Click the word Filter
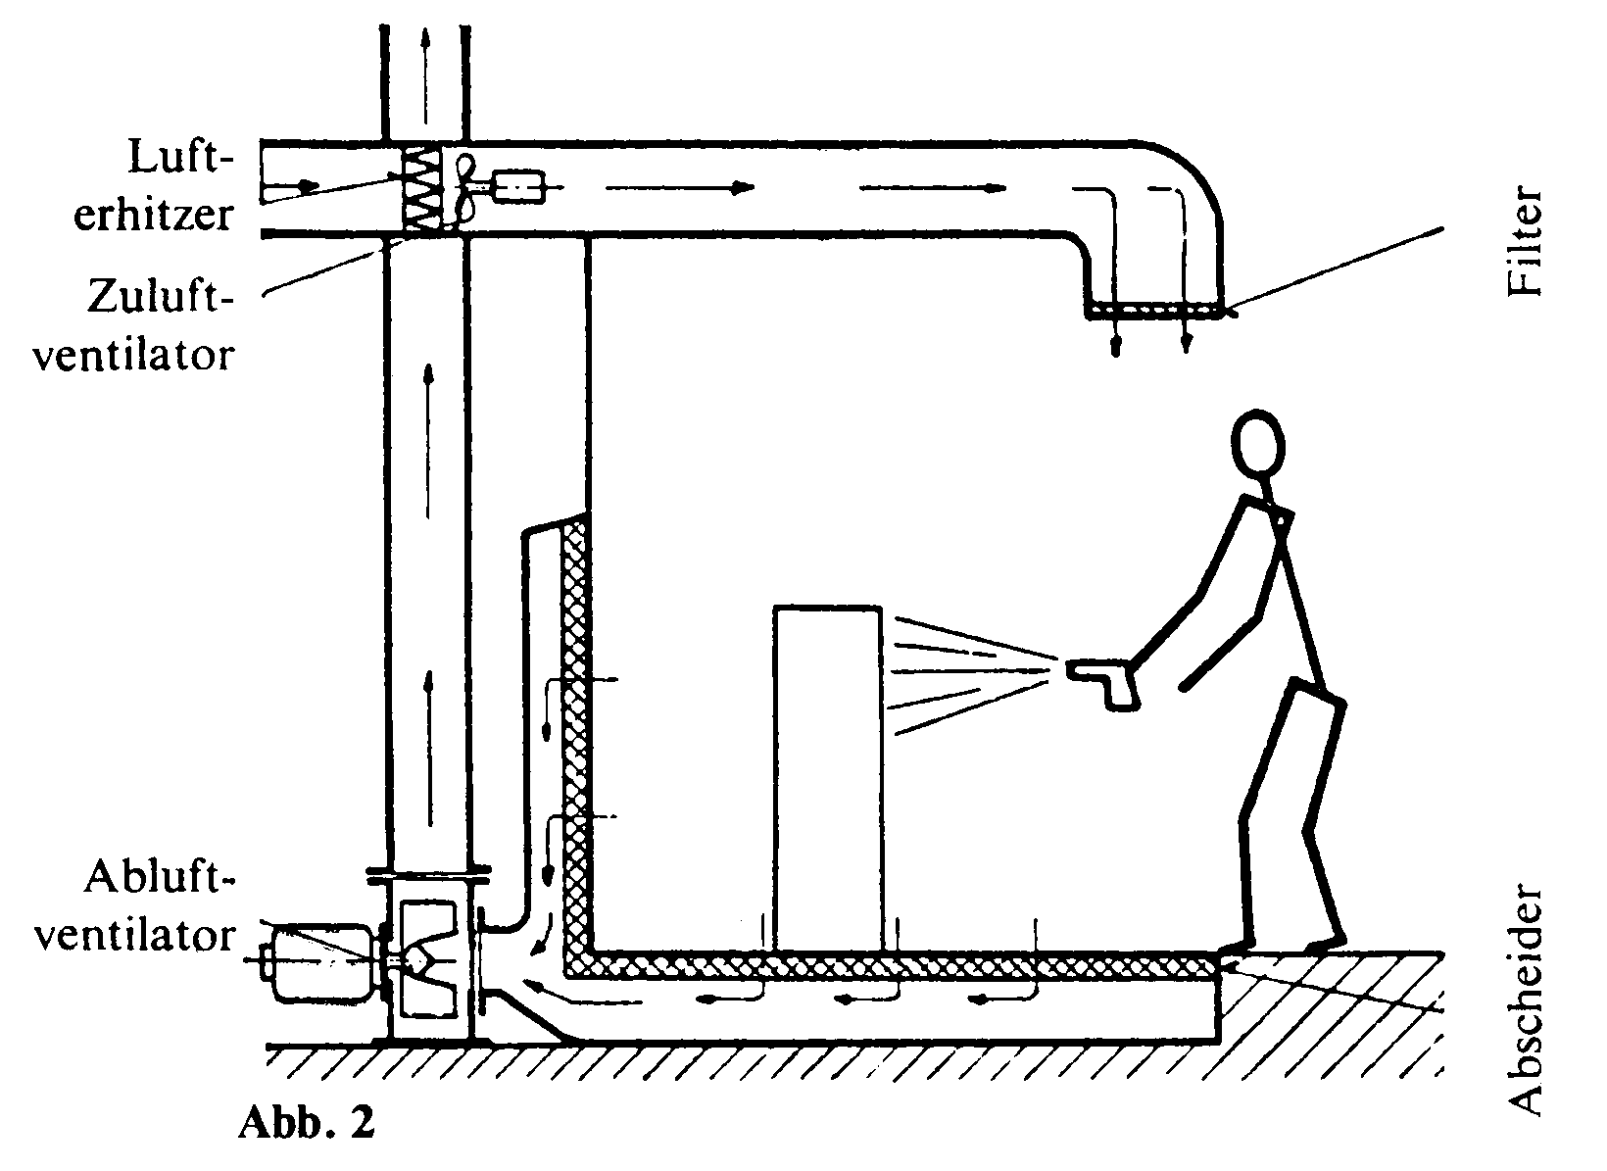click(1523, 242)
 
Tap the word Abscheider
click(1523, 1000)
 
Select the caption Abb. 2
click(307, 1122)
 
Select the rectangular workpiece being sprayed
click(828, 780)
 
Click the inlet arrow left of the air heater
click(290, 186)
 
